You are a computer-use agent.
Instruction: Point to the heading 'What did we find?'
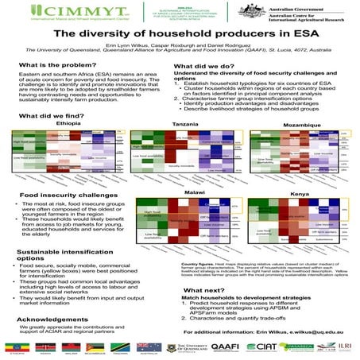point(52,117)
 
